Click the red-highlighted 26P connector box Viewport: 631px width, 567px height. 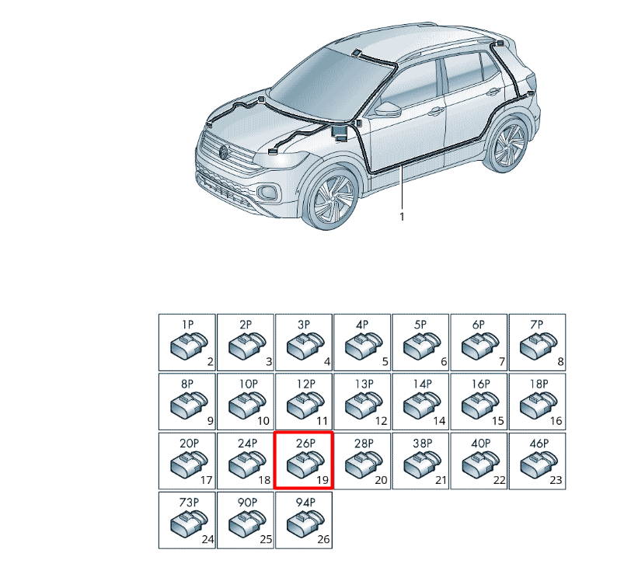(304, 461)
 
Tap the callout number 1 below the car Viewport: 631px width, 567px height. (402, 217)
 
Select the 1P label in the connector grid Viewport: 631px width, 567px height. (187, 325)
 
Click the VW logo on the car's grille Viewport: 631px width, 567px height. (223, 152)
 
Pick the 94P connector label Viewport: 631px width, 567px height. (305, 503)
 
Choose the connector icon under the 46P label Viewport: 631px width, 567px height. (539, 464)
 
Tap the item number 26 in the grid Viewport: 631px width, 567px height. (323, 539)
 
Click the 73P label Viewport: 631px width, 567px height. (189, 503)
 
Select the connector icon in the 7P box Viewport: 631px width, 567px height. (539, 346)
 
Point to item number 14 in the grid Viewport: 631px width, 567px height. (439, 421)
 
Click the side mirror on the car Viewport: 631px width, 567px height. (387, 109)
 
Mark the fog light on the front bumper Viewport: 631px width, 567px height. (267, 191)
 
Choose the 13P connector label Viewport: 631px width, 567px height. (364, 384)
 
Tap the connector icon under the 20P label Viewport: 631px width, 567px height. (189, 464)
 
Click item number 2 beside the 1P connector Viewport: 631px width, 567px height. (210, 361)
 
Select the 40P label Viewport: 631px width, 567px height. (480, 444)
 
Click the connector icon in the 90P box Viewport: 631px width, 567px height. (247, 524)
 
